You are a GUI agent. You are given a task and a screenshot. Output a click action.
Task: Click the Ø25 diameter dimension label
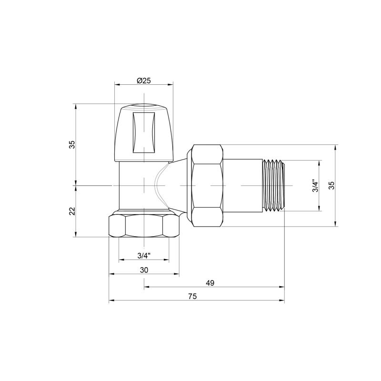[144, 80]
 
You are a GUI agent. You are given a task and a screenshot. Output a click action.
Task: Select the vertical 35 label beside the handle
[72, 145]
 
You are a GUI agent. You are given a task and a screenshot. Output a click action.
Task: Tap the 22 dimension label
[72, 211]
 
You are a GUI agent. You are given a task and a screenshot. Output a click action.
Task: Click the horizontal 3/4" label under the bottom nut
[144, 255]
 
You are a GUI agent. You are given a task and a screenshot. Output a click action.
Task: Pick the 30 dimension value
[144, 270]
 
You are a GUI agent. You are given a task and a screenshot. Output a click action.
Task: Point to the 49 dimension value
[210, 283]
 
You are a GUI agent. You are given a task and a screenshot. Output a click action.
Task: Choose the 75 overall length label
[192, 296]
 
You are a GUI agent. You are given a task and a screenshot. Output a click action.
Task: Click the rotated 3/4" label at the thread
[315, 186]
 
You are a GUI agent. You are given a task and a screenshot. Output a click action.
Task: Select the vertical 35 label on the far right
[331, 185]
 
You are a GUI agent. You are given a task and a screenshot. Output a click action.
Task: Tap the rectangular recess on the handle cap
[144, 132]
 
